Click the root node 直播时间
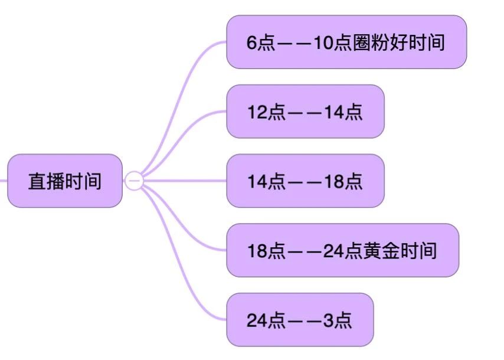pos(65,181)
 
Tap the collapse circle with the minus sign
pos(134,180)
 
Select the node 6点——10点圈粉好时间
pos(346,42)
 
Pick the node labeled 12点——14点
pos(305,112)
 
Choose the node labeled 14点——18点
pos(305,181)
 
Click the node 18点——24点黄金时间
pos(342,250)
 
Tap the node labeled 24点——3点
pos(300,320)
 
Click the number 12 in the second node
pos(257,112)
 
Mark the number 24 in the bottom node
pos(257,320)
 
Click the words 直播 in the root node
pos(47,181)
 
